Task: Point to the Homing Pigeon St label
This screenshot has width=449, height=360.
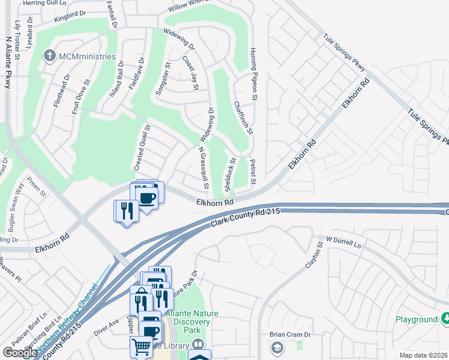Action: pyautogui.click(x=254, y=73)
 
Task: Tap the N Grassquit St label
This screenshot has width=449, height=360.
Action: pyautogui.click(x=203, y=169)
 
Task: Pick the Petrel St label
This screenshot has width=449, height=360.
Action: pyautogui.click(x=253, y=172)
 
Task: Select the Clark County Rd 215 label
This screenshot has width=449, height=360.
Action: pyautogui.click(x=246, y=217)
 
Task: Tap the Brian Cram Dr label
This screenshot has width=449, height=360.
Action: pyautogui.click(x=289, y=335)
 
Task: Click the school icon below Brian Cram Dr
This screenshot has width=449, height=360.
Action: pyautogui.click(x=277, y=347)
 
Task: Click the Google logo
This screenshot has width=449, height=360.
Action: pyautogui.click(x=19, y=353)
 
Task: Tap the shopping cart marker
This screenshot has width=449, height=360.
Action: pyautogui.click(x=141, y=346)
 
